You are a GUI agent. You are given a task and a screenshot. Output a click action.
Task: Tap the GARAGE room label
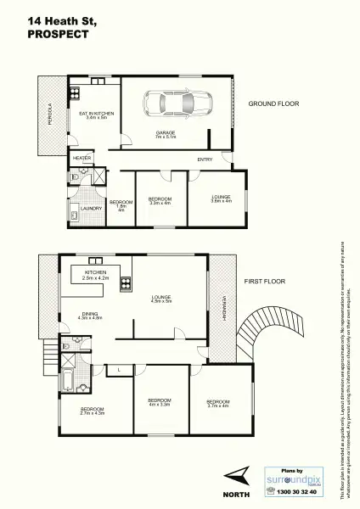(x=165, y=135)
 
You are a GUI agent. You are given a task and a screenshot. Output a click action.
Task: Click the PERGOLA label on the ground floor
(x=49, y=114)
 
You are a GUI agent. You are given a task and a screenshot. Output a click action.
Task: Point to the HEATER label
(x=82, y=158)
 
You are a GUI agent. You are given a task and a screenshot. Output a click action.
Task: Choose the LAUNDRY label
(x=91, y=208)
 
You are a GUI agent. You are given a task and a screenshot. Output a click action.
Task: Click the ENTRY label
(x=205, y=159)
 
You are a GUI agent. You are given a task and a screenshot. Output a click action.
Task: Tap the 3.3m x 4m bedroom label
(x=160, y=201)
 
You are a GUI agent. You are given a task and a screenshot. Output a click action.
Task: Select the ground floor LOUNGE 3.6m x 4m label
(x=221, y=199)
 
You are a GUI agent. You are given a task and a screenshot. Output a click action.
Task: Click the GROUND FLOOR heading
(x=273, y=103)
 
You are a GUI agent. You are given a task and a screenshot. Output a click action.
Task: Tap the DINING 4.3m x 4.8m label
(x=90, y=316)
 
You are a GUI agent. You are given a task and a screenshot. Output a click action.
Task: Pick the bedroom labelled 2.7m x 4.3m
(x=92, y=411)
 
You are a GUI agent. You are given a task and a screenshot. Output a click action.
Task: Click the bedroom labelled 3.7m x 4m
(x=217, y=403)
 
